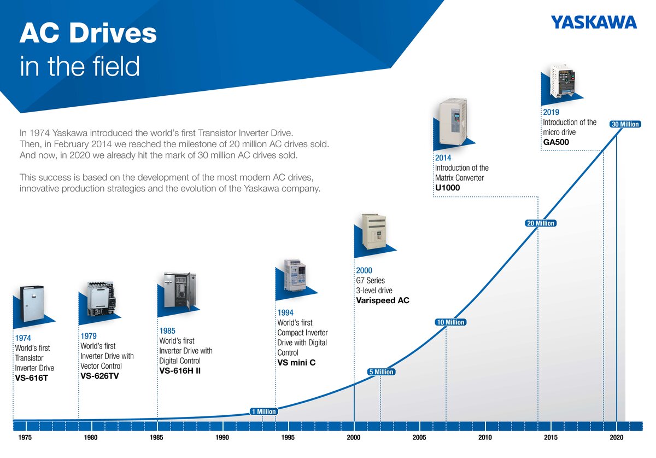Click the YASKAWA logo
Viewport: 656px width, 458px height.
click(x=594, y=22)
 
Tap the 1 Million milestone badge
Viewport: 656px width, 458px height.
click(x=263, y=411)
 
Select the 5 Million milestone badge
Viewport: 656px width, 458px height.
click(x=382, y=372)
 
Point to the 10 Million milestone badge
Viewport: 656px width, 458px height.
click(x=450, y=322)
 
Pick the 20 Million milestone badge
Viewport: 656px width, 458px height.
click(x=541, y=223)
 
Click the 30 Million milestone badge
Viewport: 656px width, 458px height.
click(x=625, y=124)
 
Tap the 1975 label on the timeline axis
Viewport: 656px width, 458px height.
click(x=25, y=437)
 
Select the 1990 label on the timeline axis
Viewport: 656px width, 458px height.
click(x=222, y=437)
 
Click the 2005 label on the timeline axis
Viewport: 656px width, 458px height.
click(x=419, y=437)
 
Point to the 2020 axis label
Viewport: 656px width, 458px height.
click(x=617, y=437)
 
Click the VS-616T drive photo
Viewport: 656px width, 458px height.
click(x=32, y=304)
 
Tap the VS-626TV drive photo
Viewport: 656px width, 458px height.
click(x=101, y=299)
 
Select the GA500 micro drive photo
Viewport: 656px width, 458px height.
click(x=563, y=81)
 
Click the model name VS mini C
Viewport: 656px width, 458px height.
click(x=296, y=363)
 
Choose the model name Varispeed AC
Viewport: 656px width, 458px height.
click(x=383, y=300)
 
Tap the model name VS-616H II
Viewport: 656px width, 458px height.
click(x=180, y=370)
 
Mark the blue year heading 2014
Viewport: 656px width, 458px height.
click(x=443, y=158)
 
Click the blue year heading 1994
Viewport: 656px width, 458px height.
click(x=285, y=312)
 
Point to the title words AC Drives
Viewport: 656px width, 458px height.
click(x=88, y=33)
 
